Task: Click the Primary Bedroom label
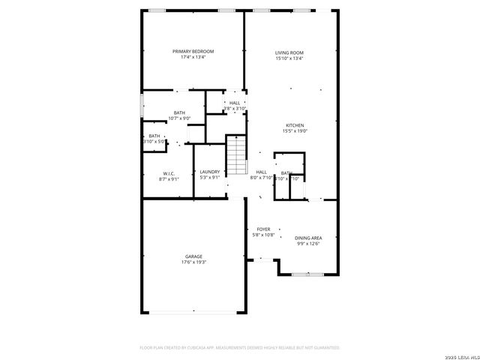(x=193, y=51)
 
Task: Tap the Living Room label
(x=289, y=52)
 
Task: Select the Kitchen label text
(x=295, y=125)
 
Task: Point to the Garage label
(x=193, y=256)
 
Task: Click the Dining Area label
(x=308, y=237)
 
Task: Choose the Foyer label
(x=263, y=229)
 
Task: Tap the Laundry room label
(x=210, y=172)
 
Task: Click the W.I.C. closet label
(x=168, y=172)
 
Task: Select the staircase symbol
(x=237, y=155)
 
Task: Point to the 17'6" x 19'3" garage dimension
(x=193, y=262)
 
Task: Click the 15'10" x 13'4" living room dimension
(x=289, y=58)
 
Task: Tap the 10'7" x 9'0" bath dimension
(x=180, y=118)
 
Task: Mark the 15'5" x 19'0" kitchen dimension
(x=295, y=131)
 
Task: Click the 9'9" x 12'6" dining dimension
(x=308, y=243)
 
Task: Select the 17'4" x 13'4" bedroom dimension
(x=193, y=57)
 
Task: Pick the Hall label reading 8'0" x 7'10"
(x=262, y=172)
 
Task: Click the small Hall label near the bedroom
(x=235, y=103)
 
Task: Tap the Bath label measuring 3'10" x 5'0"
(x=154, y=136)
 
